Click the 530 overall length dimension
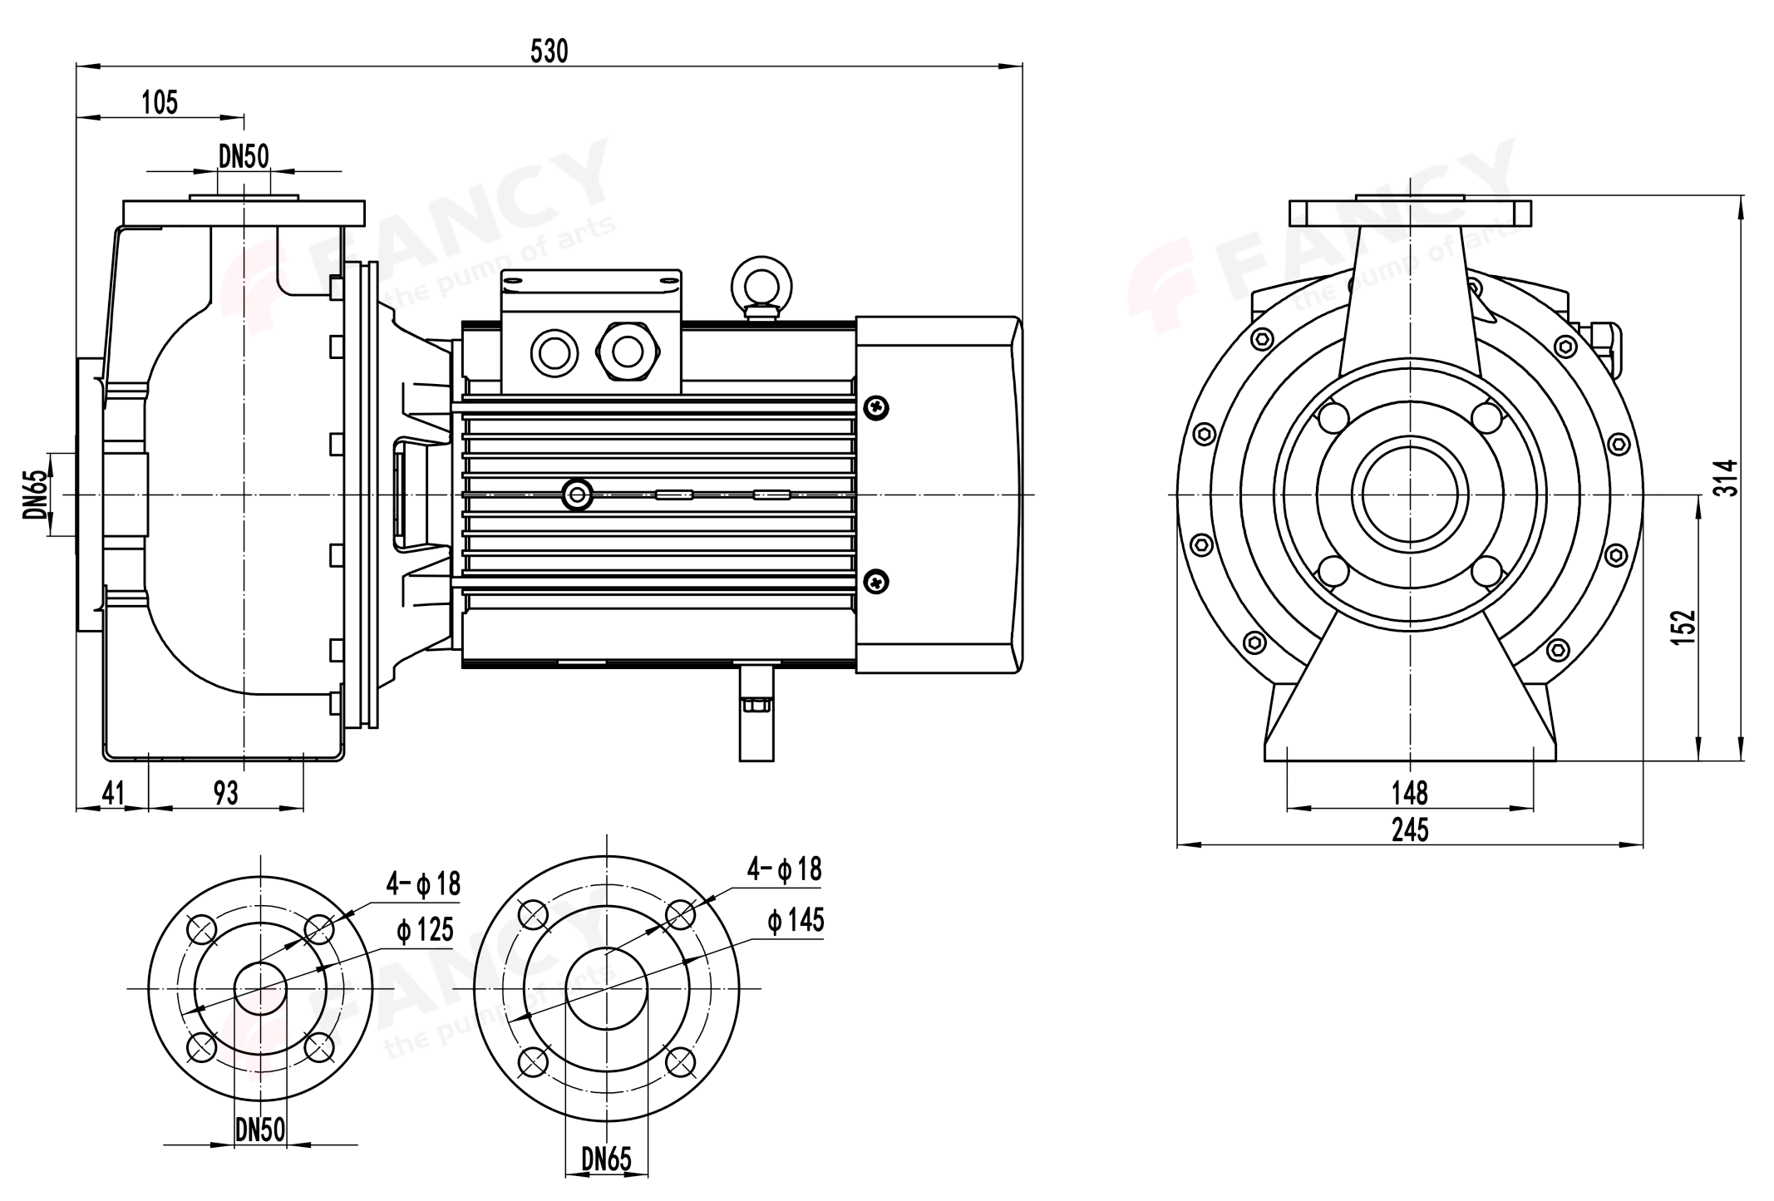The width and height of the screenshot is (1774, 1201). click(x=549, y=52)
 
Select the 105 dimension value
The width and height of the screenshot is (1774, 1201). click(x=160, y=102)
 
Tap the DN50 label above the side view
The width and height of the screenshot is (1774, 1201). click(x=244, y=155)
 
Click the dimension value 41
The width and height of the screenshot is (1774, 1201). click(x=112, y=793)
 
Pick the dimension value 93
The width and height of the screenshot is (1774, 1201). click(x=225, y=793)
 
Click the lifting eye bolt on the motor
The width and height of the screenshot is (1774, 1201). click(x=761, y=284)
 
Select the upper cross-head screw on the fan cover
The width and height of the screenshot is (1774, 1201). click(x=876, y=407)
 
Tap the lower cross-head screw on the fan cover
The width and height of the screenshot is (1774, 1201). click(x=876, y=581)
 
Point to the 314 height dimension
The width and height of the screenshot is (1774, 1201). click(x=1727, y=477)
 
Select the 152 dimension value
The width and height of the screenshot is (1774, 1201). click(x=1683, y=627)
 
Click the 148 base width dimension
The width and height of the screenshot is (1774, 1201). click(x=1410, y=793)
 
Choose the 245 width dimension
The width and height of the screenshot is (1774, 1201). click(x=1410, y=829)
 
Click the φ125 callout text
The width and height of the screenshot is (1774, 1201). click(x=425, y=930)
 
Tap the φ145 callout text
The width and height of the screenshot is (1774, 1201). click(x=796, y=920)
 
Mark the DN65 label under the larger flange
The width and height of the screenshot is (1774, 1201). click(x=607, y=1159)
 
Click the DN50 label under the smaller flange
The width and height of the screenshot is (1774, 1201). click(x=260, y=1129)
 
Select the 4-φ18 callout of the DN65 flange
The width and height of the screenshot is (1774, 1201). click(x=784, y=869)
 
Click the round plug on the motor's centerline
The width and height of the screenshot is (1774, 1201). click(x=577, y=495)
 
